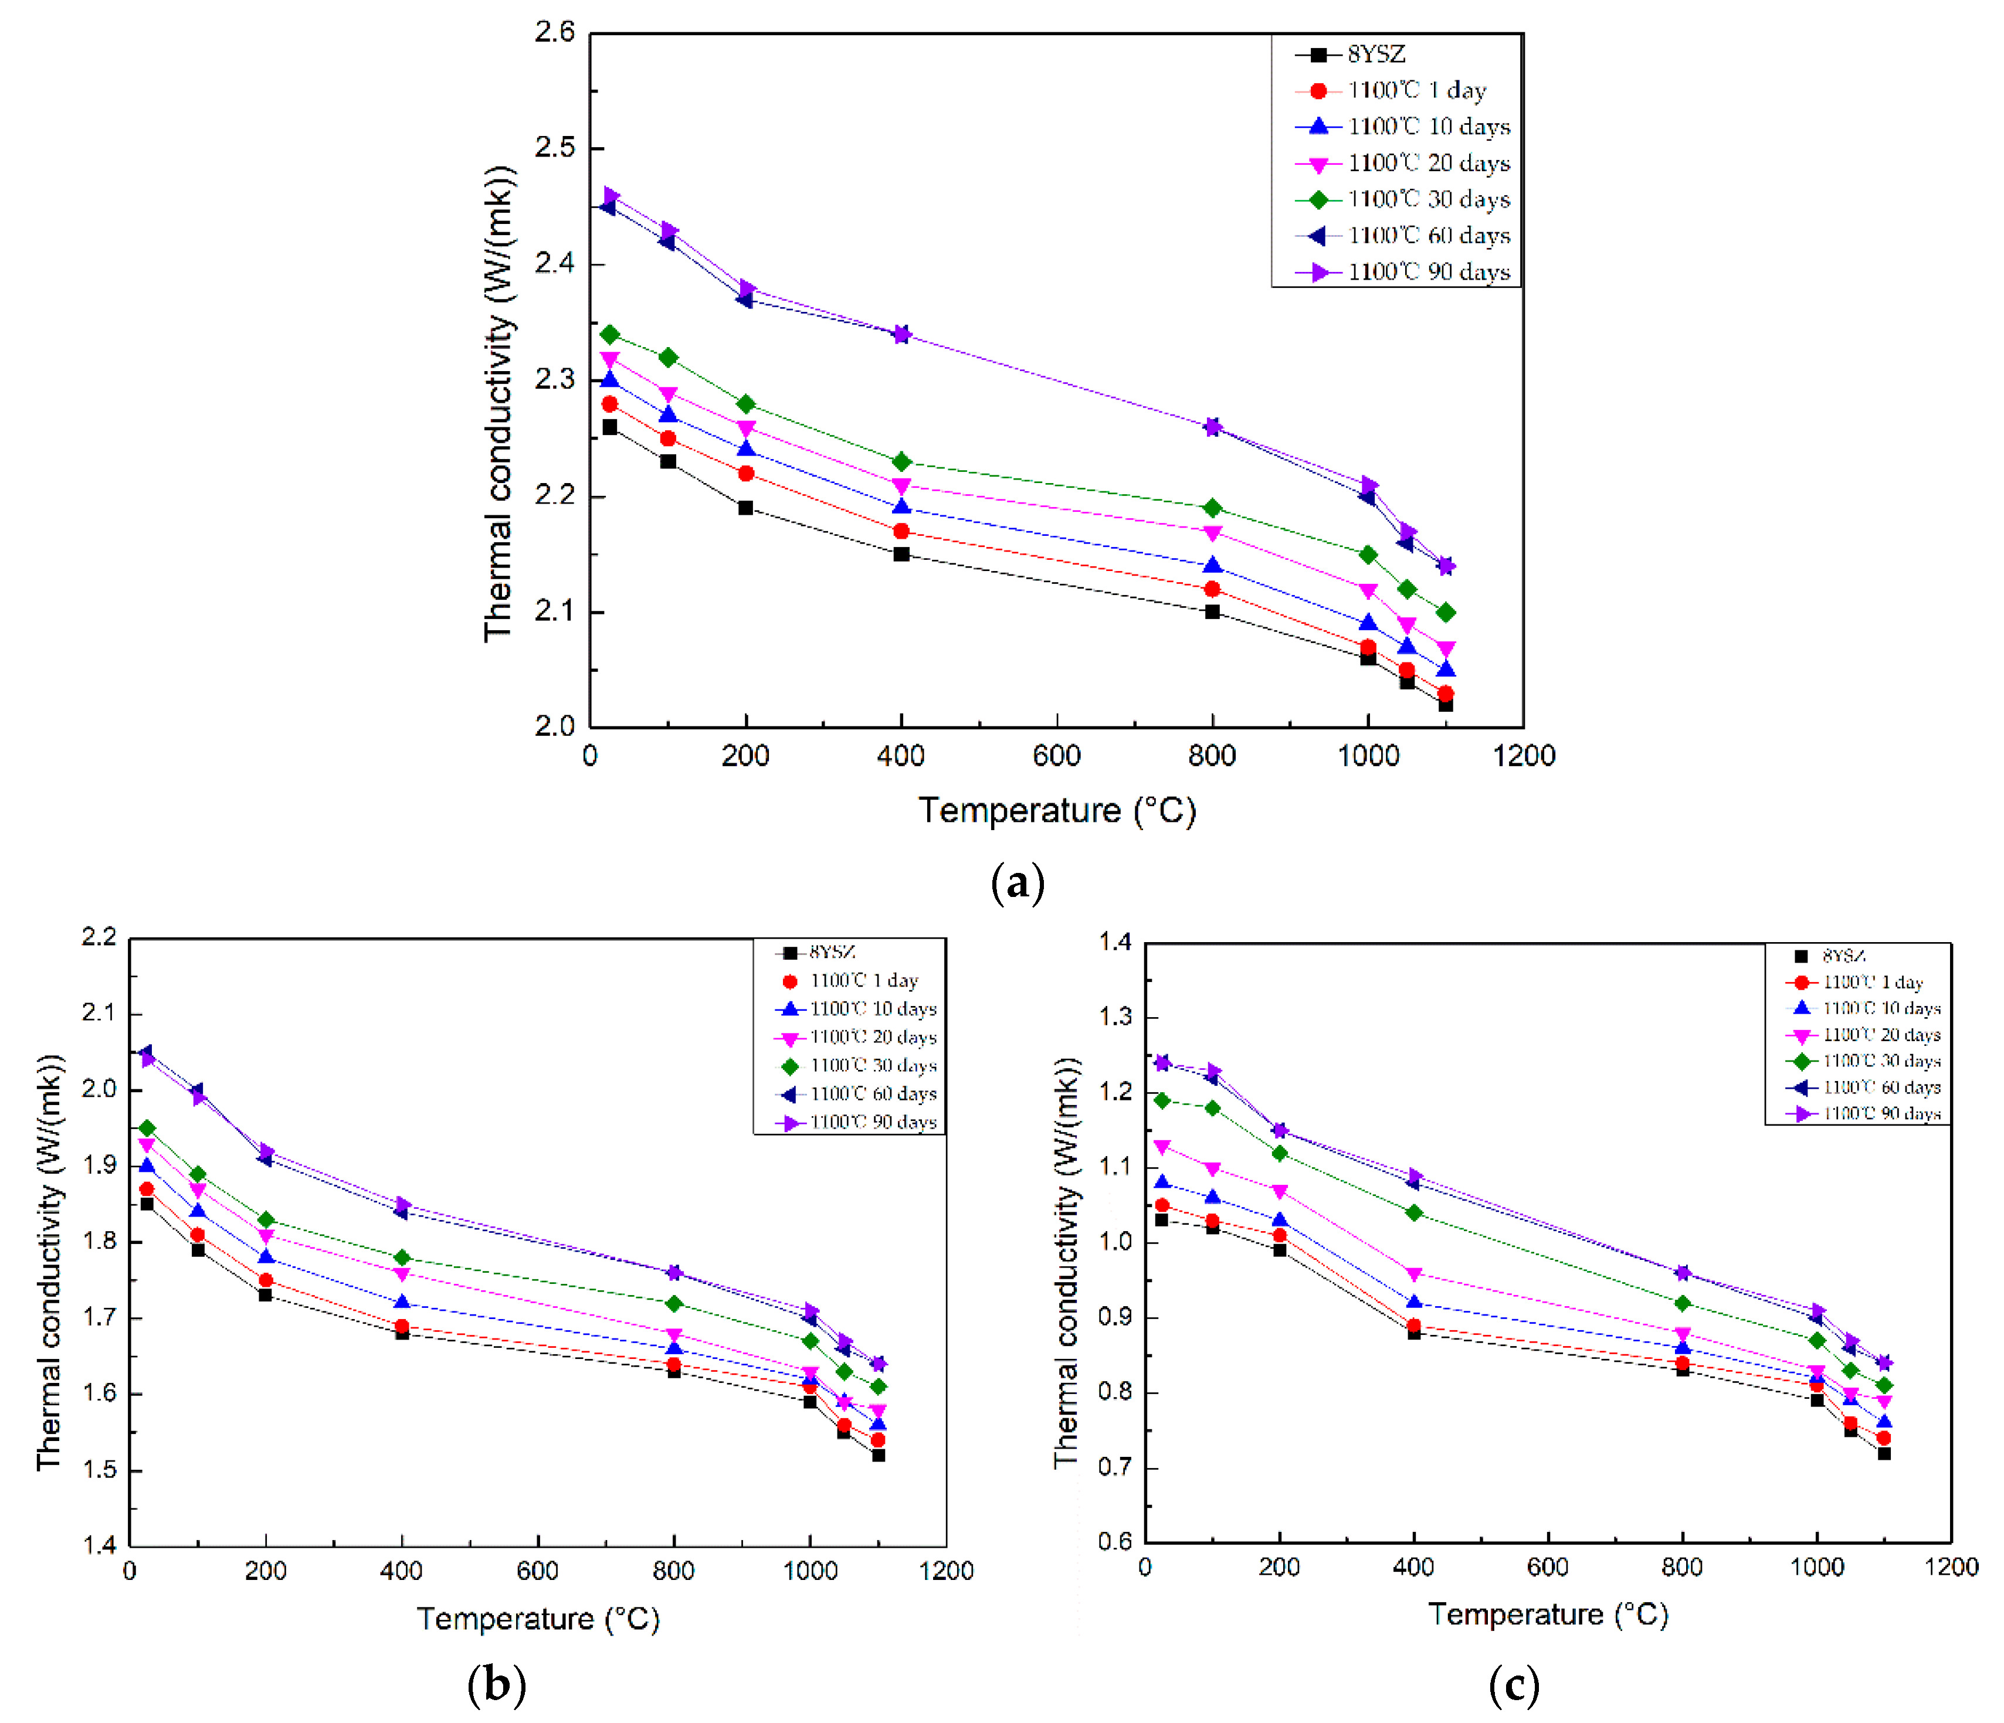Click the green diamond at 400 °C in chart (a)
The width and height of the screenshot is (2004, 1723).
click(x=901, y=461)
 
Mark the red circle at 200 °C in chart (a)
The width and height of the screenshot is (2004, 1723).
click(x=745, y=473)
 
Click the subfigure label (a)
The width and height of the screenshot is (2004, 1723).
click(x=1018, y=883)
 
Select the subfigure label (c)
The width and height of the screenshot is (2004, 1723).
click(x=1514, y=1685)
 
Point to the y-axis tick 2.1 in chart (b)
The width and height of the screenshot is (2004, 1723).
click(x=98, y=1012)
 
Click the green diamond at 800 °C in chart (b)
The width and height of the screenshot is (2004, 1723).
click(x=674, y=1303)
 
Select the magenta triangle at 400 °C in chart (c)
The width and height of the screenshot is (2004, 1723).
click(x=1414, y=1273)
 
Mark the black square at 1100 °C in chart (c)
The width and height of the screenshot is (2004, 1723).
click(x=1884, y=1453)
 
